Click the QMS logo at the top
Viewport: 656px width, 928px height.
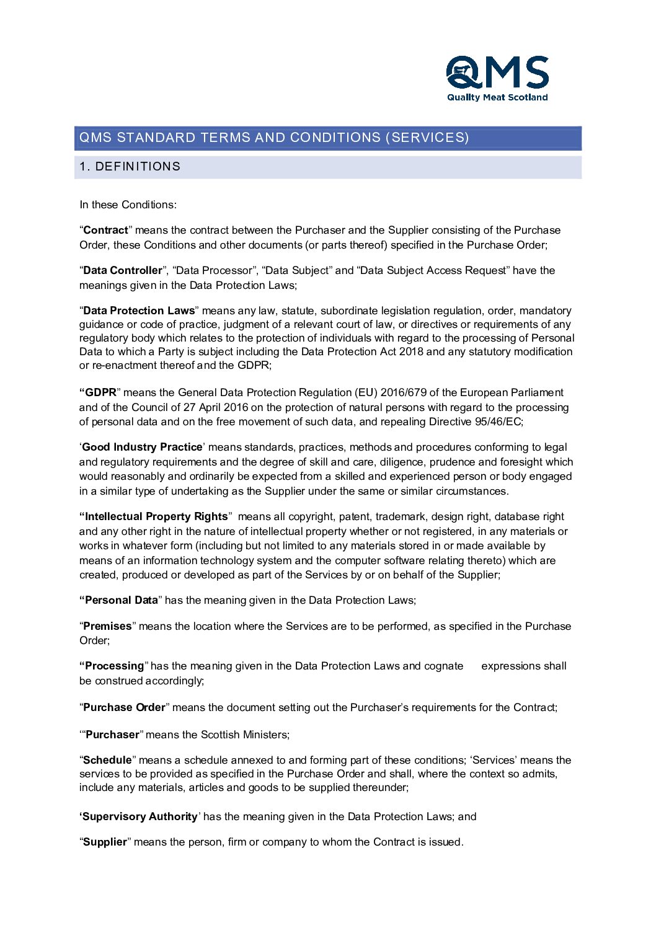[497, 73]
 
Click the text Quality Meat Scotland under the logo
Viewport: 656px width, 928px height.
[497, 97]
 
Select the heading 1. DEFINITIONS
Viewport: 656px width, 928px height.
[130, 167]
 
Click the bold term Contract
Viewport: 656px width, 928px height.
[105, 231]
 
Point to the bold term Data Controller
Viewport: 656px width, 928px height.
[122, 271]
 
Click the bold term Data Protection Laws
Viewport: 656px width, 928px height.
[139, 311]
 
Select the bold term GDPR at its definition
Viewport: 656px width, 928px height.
[100, 393]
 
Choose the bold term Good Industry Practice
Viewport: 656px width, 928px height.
[142, 448]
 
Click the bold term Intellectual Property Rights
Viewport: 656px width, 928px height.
[156, 517]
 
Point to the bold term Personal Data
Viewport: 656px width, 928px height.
[122, 601]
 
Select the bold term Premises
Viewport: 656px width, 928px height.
[107, 627]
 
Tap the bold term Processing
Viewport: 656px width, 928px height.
[114, 666]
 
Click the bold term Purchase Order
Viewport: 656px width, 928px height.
[124, 708]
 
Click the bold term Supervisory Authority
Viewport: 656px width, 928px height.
[140, 817]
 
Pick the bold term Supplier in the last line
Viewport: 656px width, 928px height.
[105, 842]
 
